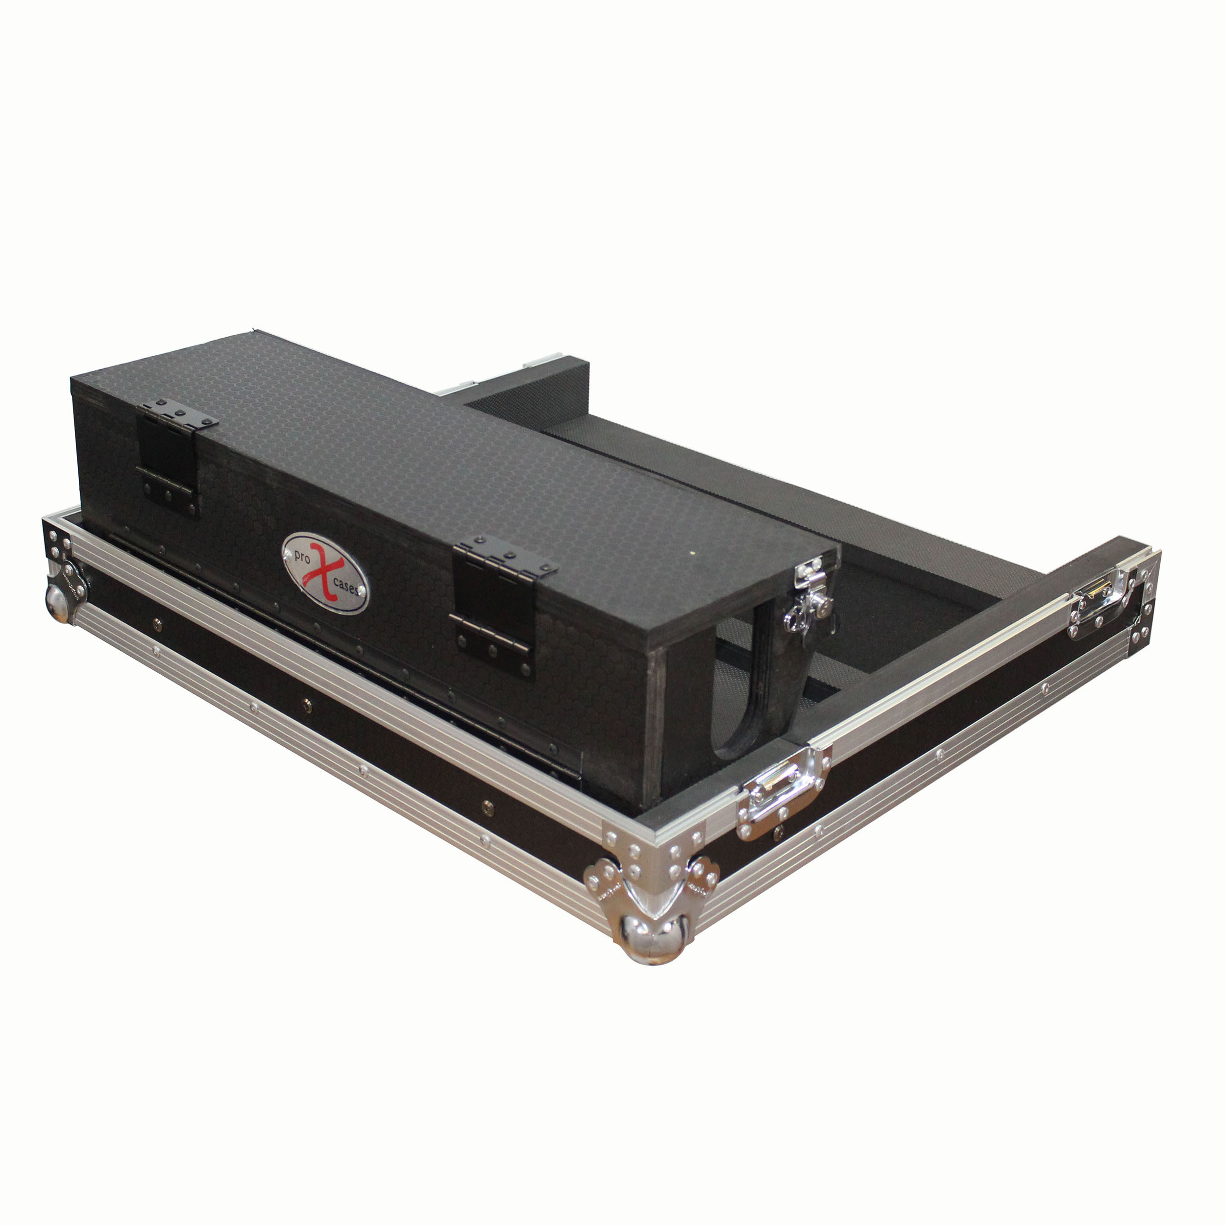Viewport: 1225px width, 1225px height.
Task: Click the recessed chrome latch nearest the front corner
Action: tap(783, 792)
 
